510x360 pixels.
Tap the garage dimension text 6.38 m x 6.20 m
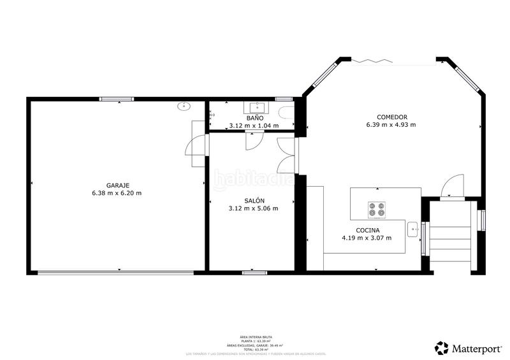[117, 193]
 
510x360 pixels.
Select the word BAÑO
[255, 118]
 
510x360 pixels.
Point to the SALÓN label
[253, 200]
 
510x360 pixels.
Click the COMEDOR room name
[391, 117]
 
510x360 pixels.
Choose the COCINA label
[368, 230]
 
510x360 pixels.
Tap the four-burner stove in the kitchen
[377, 209]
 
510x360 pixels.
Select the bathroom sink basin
[259, 106]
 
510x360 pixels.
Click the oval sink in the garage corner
[185, 106]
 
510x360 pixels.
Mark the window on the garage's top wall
[117, 99]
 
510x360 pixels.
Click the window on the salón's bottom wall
[254, 273]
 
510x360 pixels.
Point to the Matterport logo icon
[441, 348]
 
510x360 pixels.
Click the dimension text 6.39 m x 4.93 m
[391, 125]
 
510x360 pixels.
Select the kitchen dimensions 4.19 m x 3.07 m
[367, 238]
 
